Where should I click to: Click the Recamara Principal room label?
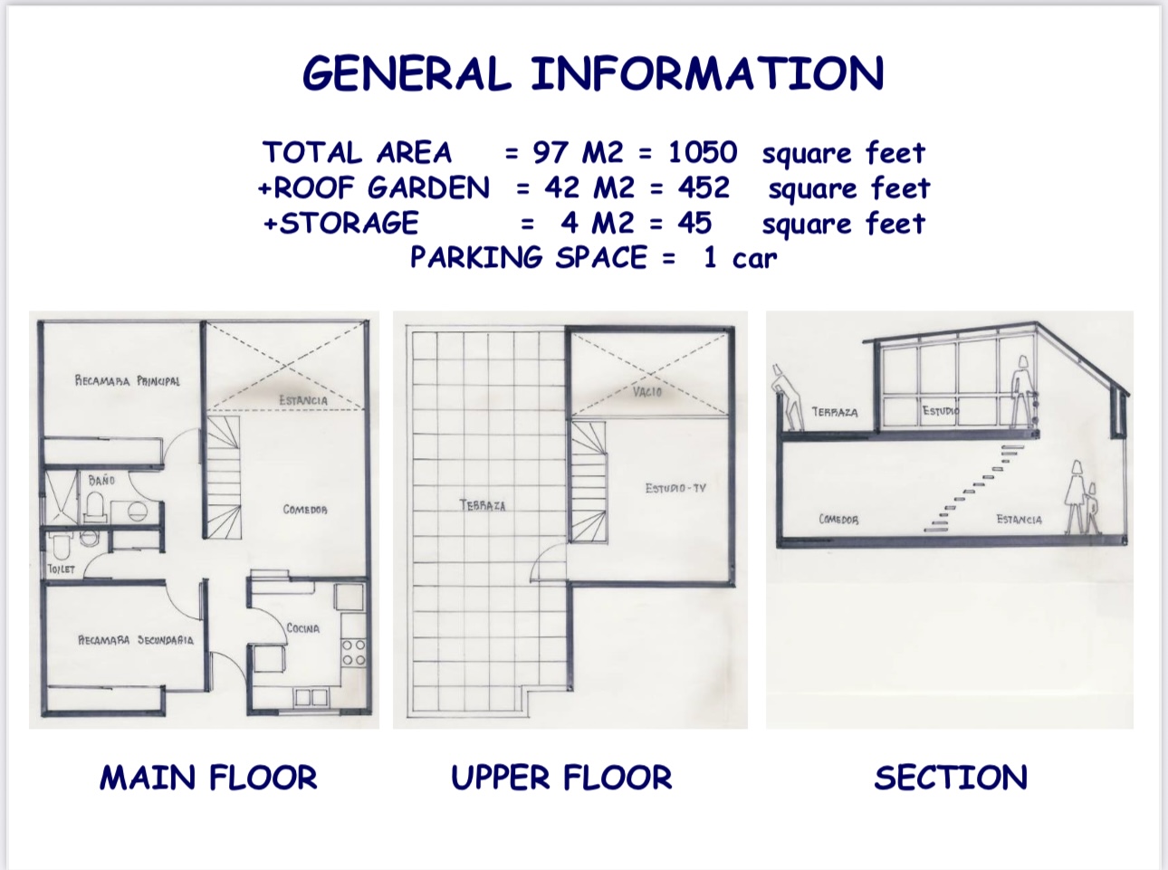point(127,380)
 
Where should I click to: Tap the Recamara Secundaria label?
point(136,640)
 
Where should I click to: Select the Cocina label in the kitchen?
point(302,627)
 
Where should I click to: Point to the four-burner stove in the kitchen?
point(353,653)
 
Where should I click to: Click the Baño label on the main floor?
point(101,480)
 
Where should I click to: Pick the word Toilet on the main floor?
point(61,569)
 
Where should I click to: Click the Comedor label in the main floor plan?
point(305,510)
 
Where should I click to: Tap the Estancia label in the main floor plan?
point(303,400)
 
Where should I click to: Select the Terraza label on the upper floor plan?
point(483,505)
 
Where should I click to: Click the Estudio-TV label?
point(675,488)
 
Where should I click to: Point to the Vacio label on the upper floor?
point(647,392)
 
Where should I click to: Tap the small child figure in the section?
point(1092,508)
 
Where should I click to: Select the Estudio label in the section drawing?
point(941,410)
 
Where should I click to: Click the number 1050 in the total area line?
point(703,152)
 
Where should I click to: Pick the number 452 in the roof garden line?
point(704,187)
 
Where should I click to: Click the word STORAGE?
point(349,223)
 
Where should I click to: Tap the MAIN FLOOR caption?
point(208,778)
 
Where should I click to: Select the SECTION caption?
point(951,778)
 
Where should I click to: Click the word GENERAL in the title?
point(407,73)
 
